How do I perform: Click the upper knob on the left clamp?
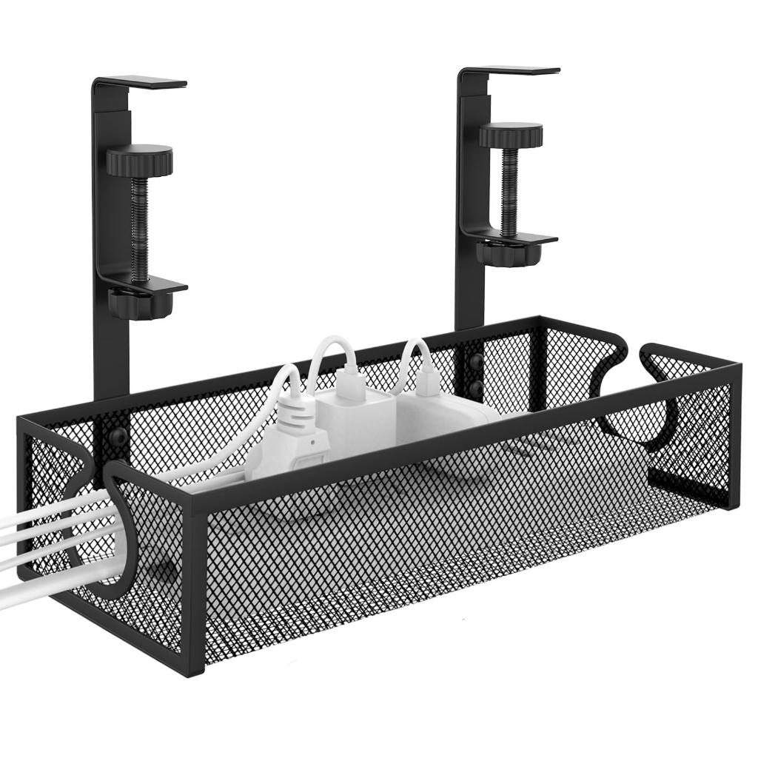pyautogui.click(x=139, y=161)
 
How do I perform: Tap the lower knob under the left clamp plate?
pyautogui.click(x=140, y=303)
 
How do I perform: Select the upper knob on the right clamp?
pyautogui.click(x=510, y=135)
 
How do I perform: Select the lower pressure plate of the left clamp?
pyautogui.click(x=148, y=283)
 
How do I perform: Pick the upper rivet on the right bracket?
pyautogui.click(x=474, y=362)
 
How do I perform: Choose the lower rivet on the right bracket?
pyautogui.click(x=474, y=387)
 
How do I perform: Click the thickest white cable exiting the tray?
pyautogui.click(x=44, y=585)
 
